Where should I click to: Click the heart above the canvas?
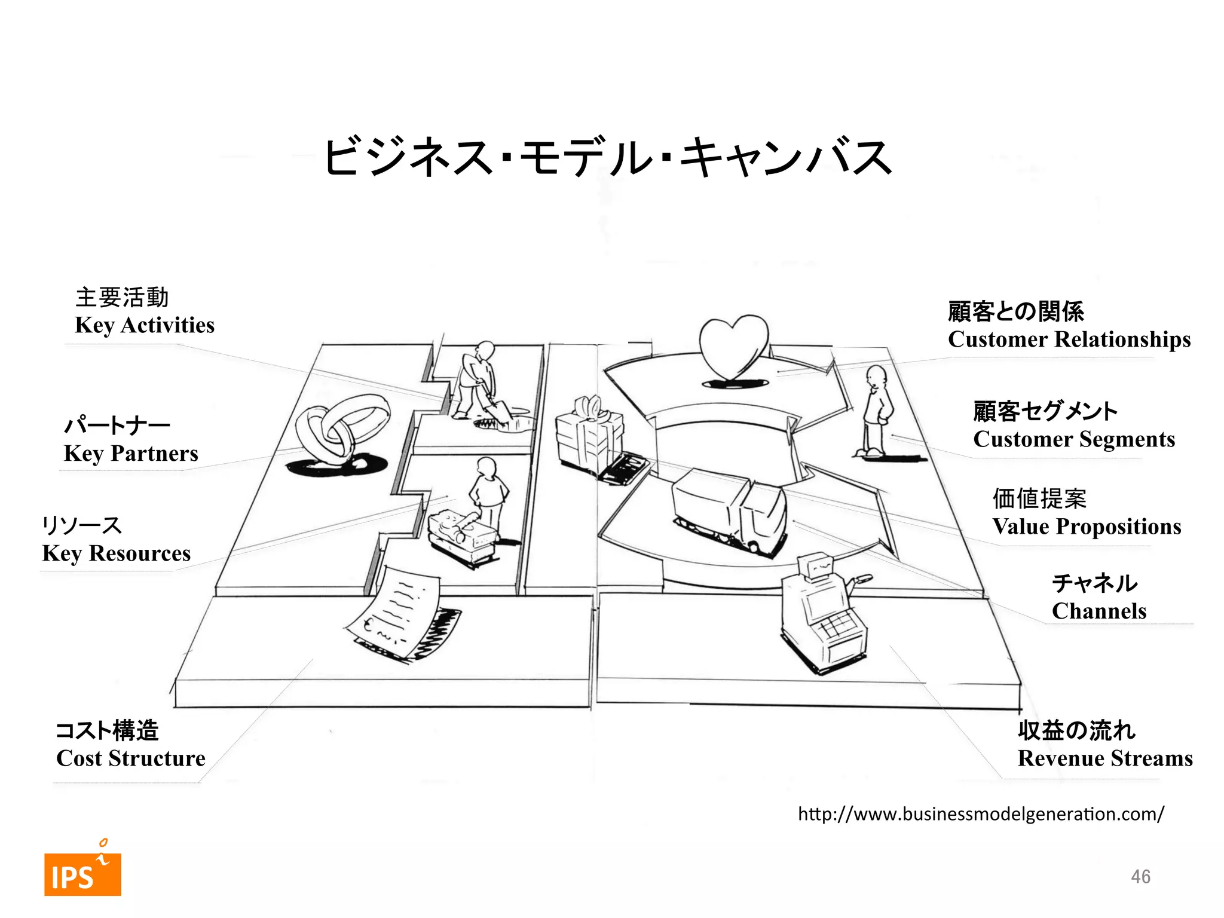point(733,347)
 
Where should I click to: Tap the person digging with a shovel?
point(478,382)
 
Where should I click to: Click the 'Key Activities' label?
point(145,325)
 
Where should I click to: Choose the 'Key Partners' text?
point(131,454)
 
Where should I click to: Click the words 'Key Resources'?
point(117,553)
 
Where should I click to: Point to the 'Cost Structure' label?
point(131,758)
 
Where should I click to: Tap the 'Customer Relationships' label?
point(1069,339)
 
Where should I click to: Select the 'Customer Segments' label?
point(1074,439)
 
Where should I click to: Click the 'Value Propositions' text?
point(1087,527)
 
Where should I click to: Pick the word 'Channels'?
point(1098,611)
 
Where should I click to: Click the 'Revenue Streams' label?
point(1105,758)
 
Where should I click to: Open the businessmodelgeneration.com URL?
point(981,814)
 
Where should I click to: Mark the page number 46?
point(1140,877)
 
